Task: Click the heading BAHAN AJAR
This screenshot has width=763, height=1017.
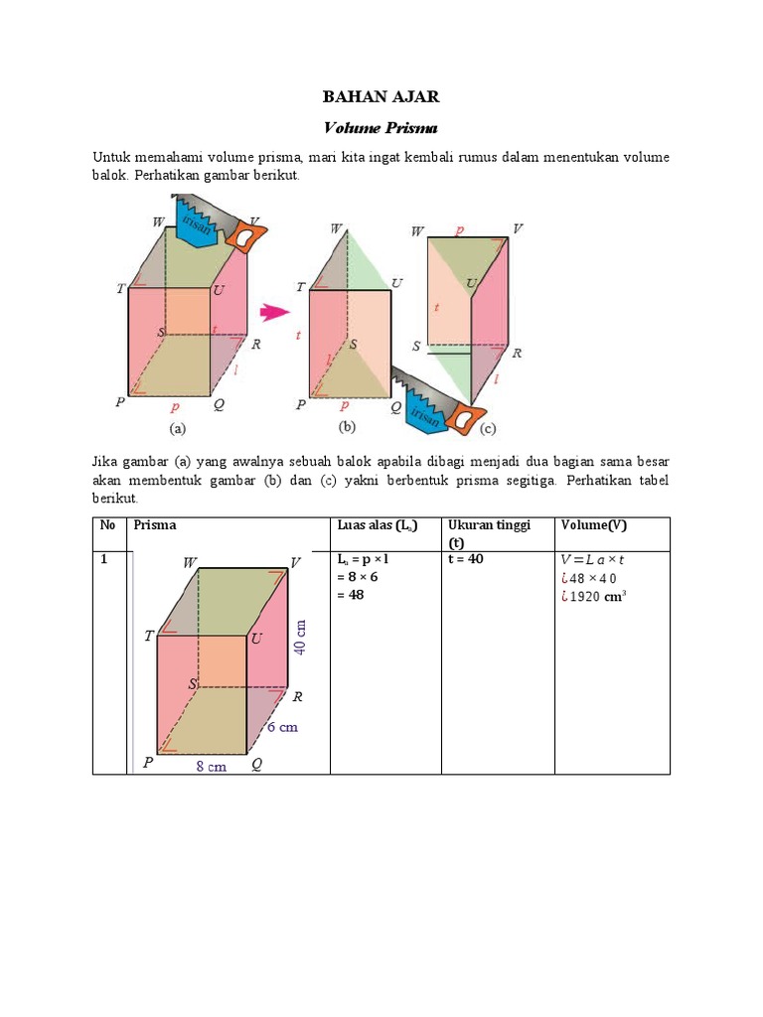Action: coord(381,96)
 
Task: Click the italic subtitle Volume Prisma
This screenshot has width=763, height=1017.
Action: coord(381,128)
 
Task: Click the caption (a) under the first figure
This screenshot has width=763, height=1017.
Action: coord(177,430)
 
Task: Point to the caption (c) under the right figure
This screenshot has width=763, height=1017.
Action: coord(490,430)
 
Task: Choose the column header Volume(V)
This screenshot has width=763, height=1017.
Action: coord(593,524)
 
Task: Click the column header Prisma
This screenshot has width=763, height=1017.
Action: coord(155,524)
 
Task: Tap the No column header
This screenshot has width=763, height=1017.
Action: coord(106,524)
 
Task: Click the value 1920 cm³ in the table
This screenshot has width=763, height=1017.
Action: coord(598,596)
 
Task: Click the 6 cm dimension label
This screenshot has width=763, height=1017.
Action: coord(281,727)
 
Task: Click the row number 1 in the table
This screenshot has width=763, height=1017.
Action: coord(102,560)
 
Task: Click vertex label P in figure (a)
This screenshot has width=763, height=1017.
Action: coord(119,403)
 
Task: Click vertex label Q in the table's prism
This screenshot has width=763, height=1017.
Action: coord(256,764)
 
